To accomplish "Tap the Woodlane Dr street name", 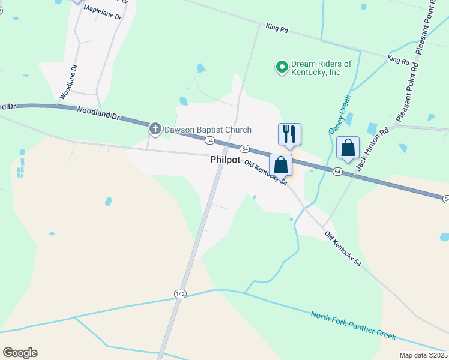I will pyautogui.click(x=68, y=82).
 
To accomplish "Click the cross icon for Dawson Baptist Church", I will pyautogui.click(x=155, y=129).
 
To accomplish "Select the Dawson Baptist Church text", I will pyautogui.click(x=208, y=130).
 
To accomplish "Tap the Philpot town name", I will pyautogui.click(x=226, y=160).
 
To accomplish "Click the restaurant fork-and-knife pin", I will pyautogui.click(x=289, y=134).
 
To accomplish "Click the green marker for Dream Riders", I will pyautogui.click(x=281, y=67).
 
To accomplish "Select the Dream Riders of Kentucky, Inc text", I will pyautogui.click(x=321, y=68).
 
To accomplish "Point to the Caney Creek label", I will pyautogui.click(x=339, y=114).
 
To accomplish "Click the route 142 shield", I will pyautogui.click(x=181, y=293).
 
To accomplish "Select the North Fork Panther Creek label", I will pyautogui.click(x=354, y=323).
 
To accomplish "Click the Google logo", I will pyautogui.click(x=20, y=353).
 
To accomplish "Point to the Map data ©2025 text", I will pyautogui.click(x=423, y=355).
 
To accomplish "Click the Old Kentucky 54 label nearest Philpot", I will pyautogui.click(x=265, y=173).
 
